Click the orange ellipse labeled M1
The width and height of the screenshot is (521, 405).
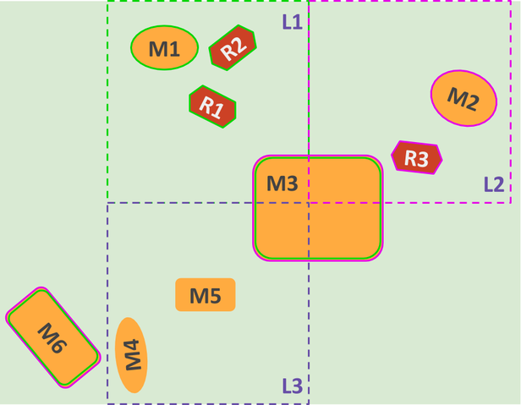click(164, 47)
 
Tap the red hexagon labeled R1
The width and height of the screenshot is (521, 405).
click(211, 107)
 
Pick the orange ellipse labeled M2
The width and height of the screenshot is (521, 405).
click(463, 98)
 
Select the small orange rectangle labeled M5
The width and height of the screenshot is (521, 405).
click(205, 295)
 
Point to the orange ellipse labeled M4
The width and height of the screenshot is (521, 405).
click(131, 355)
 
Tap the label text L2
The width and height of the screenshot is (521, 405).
click(494, 183)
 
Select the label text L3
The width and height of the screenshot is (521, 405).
click(292, 386)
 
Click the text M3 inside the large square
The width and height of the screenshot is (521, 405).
click(282, 183)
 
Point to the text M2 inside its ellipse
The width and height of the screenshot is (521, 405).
click(463, 98)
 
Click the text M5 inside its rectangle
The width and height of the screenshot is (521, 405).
click(205, 295)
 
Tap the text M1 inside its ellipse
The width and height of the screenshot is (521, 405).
click(164, 49)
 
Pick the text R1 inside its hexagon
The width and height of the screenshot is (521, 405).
click(211, 107)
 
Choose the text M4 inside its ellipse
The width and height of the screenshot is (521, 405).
click(131, 355)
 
